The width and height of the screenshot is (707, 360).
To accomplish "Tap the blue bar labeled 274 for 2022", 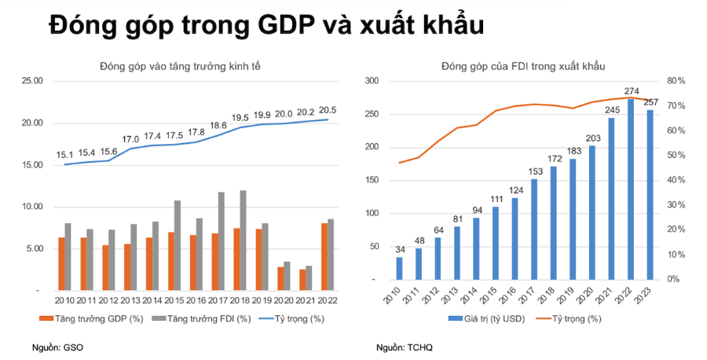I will (x=631, y=189).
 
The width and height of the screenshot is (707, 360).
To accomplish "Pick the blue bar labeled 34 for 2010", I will (x=399, y=268).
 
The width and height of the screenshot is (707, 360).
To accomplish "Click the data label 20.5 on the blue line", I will (x=328, y=110).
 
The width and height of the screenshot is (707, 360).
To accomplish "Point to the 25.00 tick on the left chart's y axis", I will (x=31, y=81).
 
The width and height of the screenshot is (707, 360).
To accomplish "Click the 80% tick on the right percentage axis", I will (x=676, y=81).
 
